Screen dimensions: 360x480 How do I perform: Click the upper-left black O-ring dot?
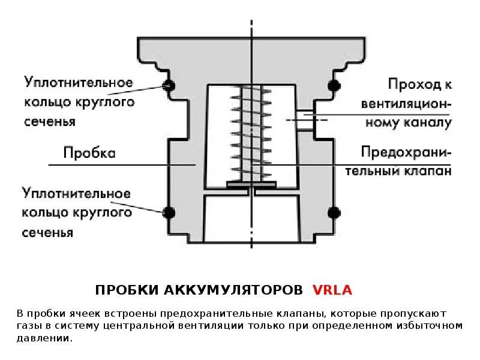(x=169, y=86)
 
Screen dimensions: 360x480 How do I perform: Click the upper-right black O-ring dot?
(x=334, y=86)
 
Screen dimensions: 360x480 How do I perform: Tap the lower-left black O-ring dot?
(x=169, y=211)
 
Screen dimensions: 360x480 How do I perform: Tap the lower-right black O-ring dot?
(x=334, y=211)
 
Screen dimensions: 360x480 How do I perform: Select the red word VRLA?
(x=332, y=290)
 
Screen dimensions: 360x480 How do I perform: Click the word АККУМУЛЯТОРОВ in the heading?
(x=233, y=290)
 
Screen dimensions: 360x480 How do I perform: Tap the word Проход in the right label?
(x=409, y=83)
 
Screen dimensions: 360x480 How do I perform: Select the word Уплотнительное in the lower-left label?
(x=77, y=193)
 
